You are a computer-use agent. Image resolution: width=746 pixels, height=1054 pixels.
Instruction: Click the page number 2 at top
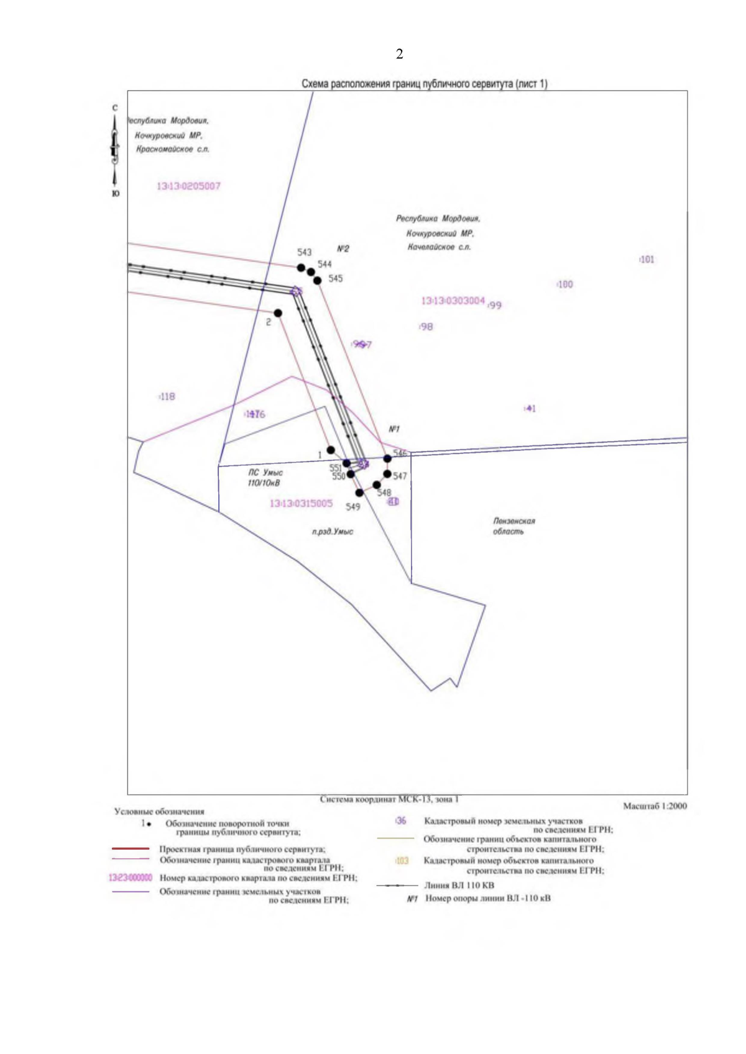(399, 54)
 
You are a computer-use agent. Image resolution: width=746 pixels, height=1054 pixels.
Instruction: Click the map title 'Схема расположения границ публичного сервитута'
(424, 84)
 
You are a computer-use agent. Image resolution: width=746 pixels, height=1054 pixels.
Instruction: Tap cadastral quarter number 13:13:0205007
(188, 186)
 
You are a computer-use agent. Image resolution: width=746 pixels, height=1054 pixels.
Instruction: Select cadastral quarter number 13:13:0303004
(453, 301)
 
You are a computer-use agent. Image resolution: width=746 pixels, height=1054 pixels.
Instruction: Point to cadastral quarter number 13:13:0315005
(301, 504)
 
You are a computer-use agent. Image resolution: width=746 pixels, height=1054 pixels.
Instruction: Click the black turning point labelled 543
(302, 268)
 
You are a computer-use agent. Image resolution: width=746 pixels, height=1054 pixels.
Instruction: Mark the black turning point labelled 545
(318, 281)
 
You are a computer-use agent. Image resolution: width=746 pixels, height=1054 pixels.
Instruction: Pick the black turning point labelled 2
(278, 313)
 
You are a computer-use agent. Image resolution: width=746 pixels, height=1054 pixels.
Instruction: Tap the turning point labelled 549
(359, 493)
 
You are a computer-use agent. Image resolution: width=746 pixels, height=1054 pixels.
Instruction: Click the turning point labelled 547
(387, 474)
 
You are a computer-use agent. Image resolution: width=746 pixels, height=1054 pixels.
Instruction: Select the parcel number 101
(647, 260)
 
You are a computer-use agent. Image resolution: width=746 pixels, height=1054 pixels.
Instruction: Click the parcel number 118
(167, 396)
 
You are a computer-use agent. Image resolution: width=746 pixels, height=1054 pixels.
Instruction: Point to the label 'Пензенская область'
(513, 526)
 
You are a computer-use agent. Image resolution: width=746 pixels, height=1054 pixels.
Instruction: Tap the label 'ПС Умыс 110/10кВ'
(265, 478)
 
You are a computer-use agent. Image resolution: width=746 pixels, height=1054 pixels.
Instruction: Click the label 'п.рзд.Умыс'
(333, 532)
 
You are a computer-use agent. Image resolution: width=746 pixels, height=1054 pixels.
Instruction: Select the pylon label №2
(343, 249)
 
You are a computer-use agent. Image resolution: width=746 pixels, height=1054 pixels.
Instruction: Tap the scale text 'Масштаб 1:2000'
(655, 806)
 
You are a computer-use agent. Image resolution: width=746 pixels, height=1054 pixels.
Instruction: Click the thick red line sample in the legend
(131, 848)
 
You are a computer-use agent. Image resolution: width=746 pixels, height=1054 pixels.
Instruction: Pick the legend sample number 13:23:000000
(130, 878)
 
